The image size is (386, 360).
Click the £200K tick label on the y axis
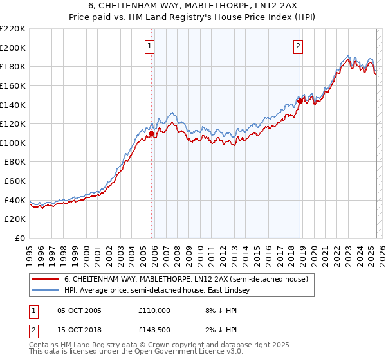(x=13, y=48)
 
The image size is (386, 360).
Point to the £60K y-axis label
(x=15, y=181)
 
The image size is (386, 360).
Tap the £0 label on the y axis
(x=20, y=239)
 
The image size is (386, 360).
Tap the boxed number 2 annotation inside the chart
(x=299, y=46)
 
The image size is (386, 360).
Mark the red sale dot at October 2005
(x=152, y=134)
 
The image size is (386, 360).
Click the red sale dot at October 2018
(x=300, y=101)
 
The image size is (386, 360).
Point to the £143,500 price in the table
(x=154, y=330)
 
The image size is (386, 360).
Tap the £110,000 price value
(x=154, y=310)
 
